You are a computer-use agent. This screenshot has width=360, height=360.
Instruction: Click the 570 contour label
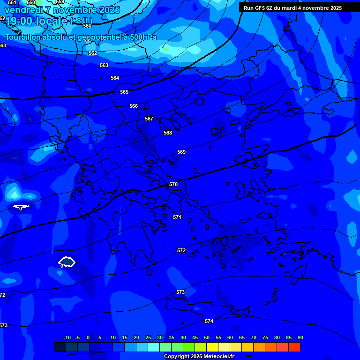(x=173, y=185)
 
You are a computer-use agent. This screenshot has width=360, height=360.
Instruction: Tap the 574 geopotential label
(x=209, y=321)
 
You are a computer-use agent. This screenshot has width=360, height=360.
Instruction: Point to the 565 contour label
(x=124, y=92)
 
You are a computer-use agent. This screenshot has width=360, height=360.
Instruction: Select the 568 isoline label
(x=168, y=133)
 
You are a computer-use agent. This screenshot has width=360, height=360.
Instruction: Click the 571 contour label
(x=177, y=217)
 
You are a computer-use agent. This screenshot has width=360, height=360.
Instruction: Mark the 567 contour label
(x=149, y=119)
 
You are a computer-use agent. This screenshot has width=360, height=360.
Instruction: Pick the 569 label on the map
(x=181, y=152)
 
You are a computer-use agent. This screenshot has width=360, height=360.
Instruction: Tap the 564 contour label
(x=115, y=78)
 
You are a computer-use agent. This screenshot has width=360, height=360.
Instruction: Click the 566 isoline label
(x=134, y=106)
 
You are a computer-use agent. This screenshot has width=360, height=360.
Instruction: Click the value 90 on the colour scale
(x=300, y=338)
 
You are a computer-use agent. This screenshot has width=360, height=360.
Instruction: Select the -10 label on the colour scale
(x=67, y=338)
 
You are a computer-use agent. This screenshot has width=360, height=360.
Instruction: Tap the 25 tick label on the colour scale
(x=148, y=338)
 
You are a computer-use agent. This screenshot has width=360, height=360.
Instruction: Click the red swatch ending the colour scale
(x=294, y=347)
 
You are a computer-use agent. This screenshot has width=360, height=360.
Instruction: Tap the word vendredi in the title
(x=23, y=10)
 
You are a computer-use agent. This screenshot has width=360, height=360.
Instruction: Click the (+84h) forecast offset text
(x=81, y=21)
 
